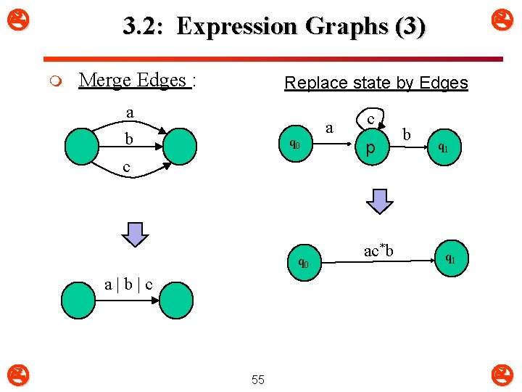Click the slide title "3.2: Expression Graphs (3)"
(274, 27)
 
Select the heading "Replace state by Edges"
(376, 83)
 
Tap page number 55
(257, 380)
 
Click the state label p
(370, 149)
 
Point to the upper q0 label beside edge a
(294, 144)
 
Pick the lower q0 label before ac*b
(303, 263)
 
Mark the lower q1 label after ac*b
(449, 258)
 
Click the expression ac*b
(378, 250)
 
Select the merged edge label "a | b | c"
(128, 284)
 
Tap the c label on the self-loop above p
(370, 118)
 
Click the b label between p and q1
(407, 134)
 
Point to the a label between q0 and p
(330, 128)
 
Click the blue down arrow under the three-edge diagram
(133, 234)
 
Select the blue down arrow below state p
(378, 200)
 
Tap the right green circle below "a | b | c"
(176, 301)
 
